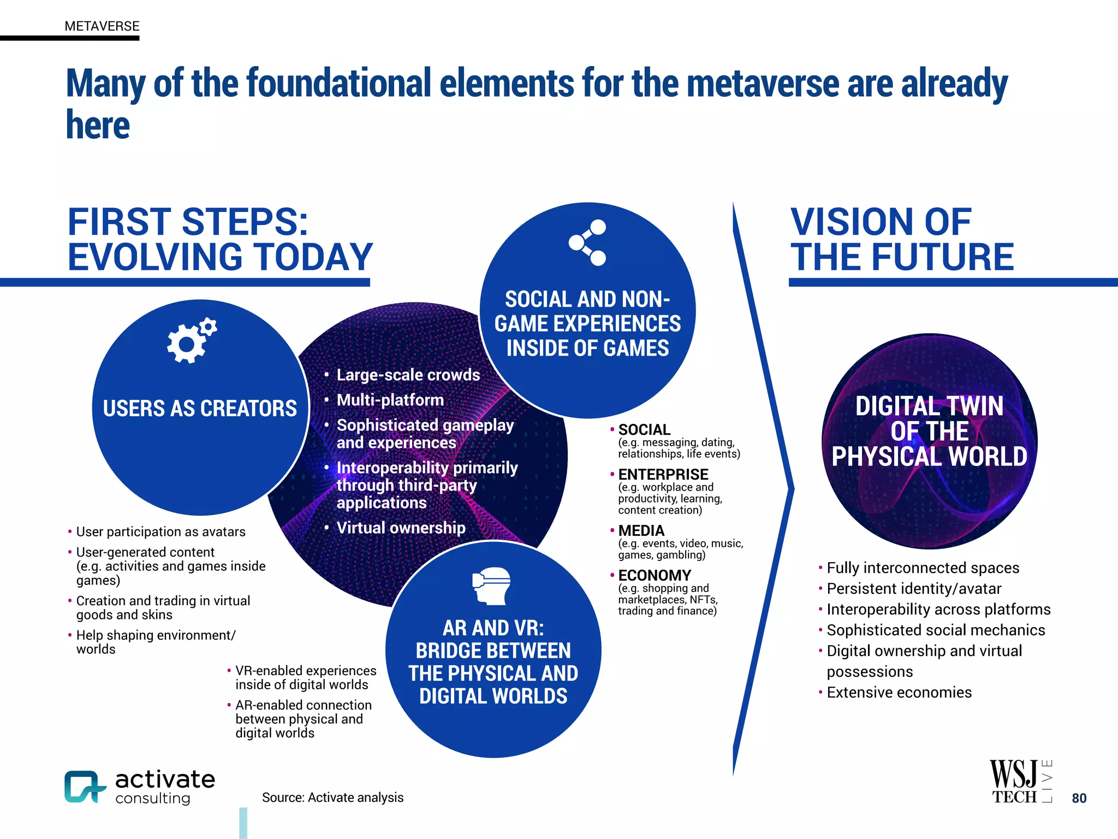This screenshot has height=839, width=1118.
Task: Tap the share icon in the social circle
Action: [587, 243]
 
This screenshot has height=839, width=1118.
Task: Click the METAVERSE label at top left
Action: [102, 26]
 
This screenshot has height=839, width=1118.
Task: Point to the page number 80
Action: [1079, 798]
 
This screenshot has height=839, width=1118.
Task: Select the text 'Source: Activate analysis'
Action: [332, 797]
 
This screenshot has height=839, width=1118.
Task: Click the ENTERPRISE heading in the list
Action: [663, 474]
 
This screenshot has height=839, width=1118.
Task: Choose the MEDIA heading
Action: [641, 530]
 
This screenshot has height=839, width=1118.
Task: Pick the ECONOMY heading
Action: [655, 575]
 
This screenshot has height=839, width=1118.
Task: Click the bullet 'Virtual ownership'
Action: [401, 528]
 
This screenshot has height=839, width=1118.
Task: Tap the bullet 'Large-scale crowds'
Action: [408, 375]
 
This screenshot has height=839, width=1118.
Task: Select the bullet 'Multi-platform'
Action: [390, 400]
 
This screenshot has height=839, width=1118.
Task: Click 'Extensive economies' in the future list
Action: [899, 692]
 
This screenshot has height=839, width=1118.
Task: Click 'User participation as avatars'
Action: [160, 531]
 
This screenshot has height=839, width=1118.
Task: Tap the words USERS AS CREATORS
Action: [200, 408]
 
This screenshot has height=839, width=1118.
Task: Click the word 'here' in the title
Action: [98, 125]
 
